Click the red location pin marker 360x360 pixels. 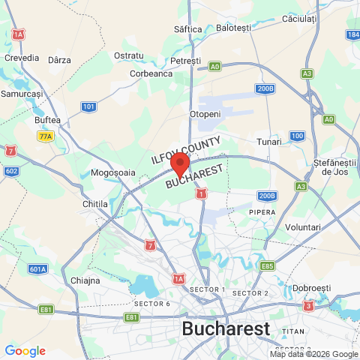point(179,163)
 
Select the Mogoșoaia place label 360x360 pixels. point(112,172)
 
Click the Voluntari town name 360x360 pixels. point(303,226)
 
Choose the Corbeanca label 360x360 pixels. point(151,73)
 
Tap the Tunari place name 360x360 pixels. point(268,142)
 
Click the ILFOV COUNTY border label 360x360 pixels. point(185,150)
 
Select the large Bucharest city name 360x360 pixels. point(226,328)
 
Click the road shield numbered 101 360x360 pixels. point(89,107)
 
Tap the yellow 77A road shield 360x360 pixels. point(46,136)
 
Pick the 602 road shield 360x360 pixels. point(11,171)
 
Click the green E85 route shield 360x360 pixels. point(268,265)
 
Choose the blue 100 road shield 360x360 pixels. point(298,136)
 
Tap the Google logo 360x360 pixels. point(25,351)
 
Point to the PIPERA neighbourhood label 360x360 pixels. point(262,212)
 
